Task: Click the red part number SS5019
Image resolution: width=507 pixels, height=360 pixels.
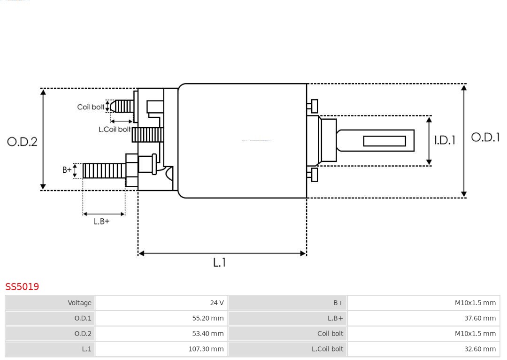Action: pyautogui.click(x=22, y=287)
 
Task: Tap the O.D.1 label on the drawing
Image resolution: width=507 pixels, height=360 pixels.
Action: pyautogui.click(x=485, y=137)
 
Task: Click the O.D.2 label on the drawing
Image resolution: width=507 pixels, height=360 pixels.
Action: pyautogui.click(x=22, y=141)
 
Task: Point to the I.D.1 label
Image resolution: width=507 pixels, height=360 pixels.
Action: pyautogui.click(x=444, y=140)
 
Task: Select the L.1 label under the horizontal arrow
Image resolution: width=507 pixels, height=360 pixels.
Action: pyautogui.click(x=219, y=262)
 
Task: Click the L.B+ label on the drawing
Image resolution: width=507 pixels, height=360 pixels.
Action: pyautogui.click(x=101, y=221)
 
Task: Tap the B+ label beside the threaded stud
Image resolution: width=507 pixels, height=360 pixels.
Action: pyautogui.click(x=67, y=170)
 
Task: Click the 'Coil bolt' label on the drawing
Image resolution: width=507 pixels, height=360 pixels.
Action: pyautogui.click(x=91, y=107)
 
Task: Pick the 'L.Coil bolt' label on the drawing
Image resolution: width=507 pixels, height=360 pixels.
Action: pyautogui.click(x=114, y=129)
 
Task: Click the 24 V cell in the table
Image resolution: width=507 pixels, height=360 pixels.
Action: pyautogui.click(x=217, y=303)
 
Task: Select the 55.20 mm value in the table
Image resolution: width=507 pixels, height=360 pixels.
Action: pyautogui.click(x=207, y=318)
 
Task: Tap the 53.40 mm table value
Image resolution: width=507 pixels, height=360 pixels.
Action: pyautogui.click(x=207, y=334)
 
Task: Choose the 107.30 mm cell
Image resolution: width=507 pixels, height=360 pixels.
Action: pyautogui.click(x=206, y=349)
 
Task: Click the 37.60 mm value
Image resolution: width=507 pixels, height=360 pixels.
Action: pyautogui.click(x=480, y=318)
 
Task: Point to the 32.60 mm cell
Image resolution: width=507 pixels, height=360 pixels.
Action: pyautogui.click(x=480, y=349)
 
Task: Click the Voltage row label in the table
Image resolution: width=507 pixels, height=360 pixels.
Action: pyautogui.click(x=79, y=303)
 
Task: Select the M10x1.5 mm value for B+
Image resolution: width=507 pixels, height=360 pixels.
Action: pyautogui.click(x=475, y=303)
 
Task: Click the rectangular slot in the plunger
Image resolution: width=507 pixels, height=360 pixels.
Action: pyautogui.click(x=384, y=141)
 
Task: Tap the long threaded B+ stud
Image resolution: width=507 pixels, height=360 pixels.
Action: pyautogui.click(x=104, y=171)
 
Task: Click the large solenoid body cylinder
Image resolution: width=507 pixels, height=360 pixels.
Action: pyautogui.click(x=242, y=141)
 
